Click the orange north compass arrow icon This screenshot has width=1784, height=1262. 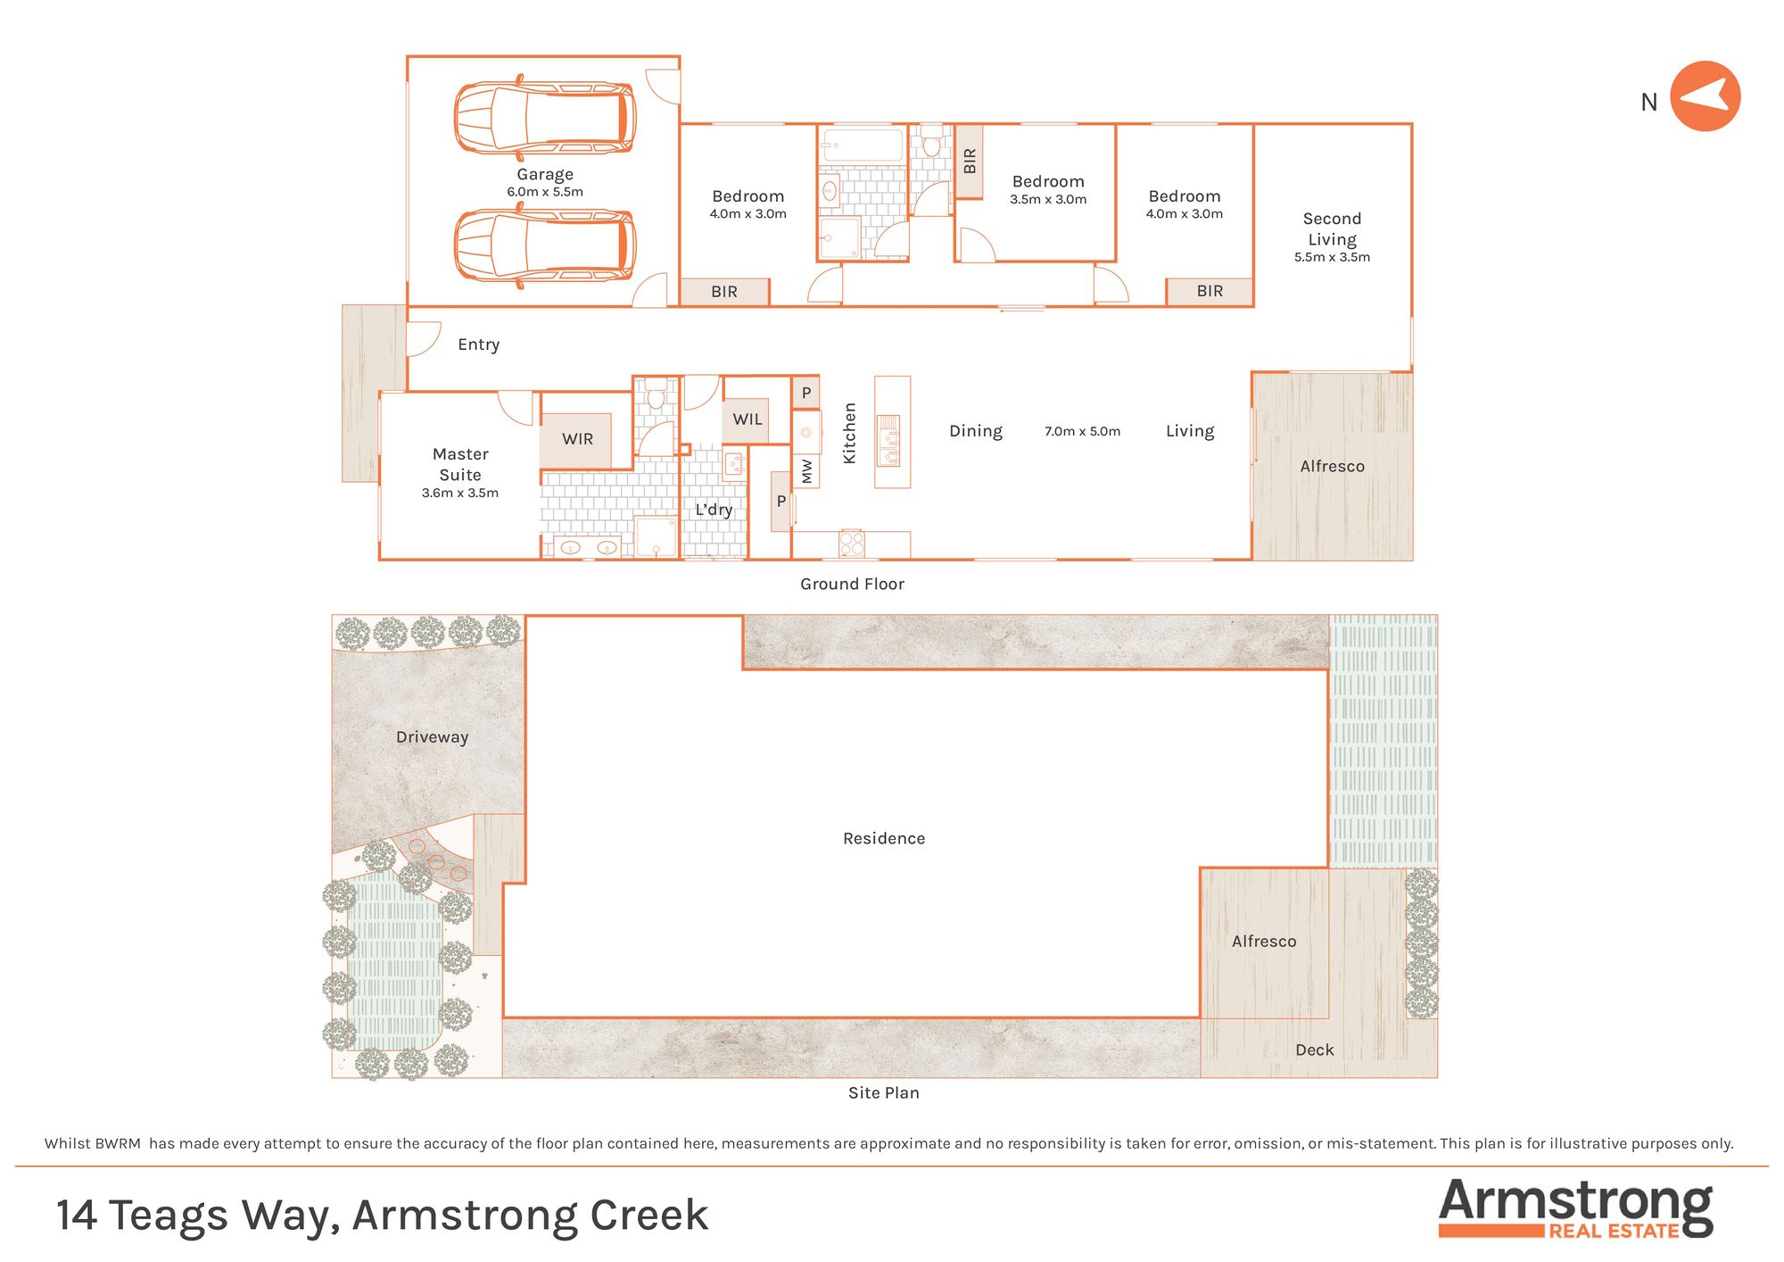click(x=1705, y=96)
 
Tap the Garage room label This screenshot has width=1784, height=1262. click(x=545, y=175)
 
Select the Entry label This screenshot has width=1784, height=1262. click(x=479, y=345)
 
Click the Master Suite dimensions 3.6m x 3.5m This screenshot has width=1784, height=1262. click(x=460, y=493)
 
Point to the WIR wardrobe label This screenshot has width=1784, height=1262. click(x=577, y=439)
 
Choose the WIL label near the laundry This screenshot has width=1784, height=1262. click(x=747, y=419)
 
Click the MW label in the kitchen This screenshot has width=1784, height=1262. click(x=807, y=471)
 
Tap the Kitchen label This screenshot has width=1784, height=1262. click(x=849, y=433)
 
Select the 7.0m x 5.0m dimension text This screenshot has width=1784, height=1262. click(x=1082, y=431)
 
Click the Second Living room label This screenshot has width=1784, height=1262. click(x=1332, y=229)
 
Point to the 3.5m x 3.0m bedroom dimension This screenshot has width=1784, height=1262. click(x=1048, y=200)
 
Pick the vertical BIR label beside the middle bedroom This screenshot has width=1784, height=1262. click(x=970, y=162)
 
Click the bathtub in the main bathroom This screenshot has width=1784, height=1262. click(x=863, y=145)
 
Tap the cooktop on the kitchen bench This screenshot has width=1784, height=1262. click(x=852, y=544)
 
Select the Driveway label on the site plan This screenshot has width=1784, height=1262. click(x=432, y=737)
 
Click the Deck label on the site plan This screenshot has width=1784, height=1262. click(x=1315, y=1050)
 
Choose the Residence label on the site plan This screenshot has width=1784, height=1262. click(x=884, y=839)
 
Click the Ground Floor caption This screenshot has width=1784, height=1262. click(x=852, y=584)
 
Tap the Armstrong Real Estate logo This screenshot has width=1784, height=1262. click(x=1576, y=1208)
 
